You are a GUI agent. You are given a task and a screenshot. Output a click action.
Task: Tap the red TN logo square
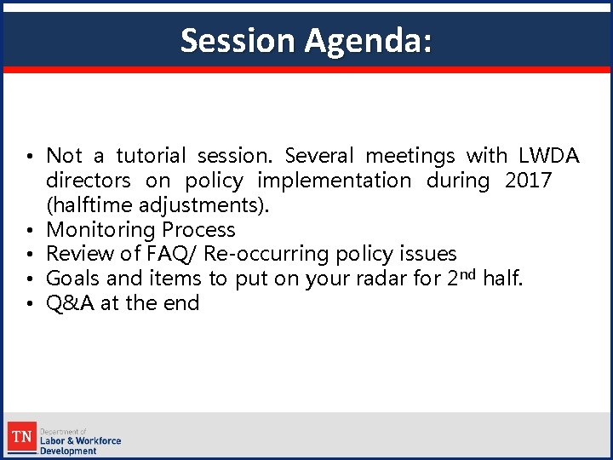coord(21,438)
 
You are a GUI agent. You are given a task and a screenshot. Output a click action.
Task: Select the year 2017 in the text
coord(528,181)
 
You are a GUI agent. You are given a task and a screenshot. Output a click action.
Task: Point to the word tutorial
coord(150,156)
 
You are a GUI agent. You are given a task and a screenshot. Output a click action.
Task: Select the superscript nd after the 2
coord(470,274)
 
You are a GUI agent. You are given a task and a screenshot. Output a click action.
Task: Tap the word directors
coord(89,181)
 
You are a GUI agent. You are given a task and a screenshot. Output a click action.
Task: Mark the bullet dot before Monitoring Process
coord(29,231)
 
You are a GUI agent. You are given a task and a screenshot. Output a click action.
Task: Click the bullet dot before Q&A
coord(29,304)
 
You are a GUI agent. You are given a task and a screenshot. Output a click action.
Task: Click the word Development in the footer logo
coord(69,451)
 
